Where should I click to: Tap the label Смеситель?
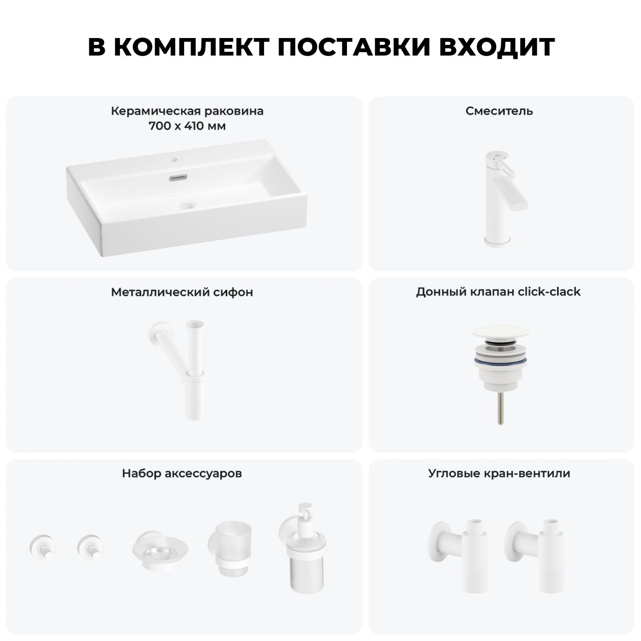499,111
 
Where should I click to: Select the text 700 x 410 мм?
187,126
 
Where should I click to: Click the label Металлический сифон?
182,292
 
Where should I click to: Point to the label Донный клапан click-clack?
498,292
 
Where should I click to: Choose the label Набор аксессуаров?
182,473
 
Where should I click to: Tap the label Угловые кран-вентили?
499,473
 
